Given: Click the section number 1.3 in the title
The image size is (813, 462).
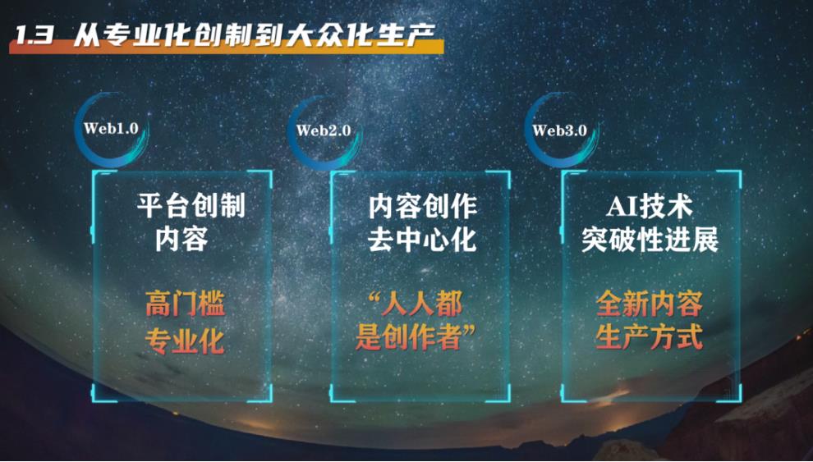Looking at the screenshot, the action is pos(33,36).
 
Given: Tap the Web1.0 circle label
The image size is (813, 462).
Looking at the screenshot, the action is pos(111,129).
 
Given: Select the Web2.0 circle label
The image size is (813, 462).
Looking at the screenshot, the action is pos(323,130).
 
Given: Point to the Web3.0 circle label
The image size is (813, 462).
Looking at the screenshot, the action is pos(559,130).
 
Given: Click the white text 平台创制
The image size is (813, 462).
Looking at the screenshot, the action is pos(191,206).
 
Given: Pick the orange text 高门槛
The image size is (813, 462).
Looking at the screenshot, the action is pos(185,304).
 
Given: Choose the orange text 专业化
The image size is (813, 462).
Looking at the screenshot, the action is pos(185,341).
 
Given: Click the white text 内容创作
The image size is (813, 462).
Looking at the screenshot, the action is pos(423,207).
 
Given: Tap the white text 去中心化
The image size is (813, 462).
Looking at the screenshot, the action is pos(423,240).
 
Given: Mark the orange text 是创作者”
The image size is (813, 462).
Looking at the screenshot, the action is pos(415,338).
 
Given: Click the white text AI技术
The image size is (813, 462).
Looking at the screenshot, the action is pos(649,207).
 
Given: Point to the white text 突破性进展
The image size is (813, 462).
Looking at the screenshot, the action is pos(650,240).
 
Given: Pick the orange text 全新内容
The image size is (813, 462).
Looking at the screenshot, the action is pos(649,304).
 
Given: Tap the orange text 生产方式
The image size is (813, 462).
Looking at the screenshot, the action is pos(649,338).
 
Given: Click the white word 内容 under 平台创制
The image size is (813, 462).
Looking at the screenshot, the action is pos(181,240).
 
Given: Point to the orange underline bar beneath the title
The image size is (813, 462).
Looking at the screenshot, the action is pos(226,48).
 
